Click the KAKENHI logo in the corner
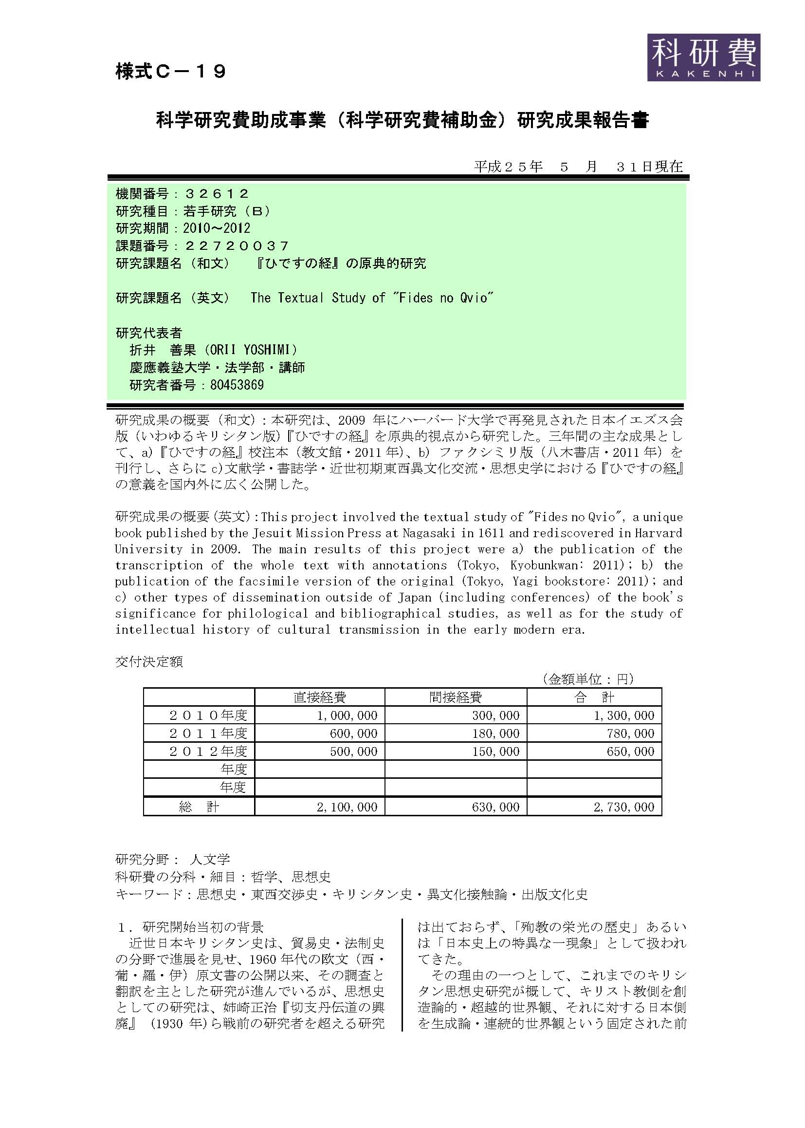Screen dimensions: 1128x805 tap(703, 57)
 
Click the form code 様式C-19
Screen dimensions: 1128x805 tap(171, 72)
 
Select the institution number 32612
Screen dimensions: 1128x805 tap(217, 193)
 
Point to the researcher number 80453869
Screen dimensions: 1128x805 tap(237, 385)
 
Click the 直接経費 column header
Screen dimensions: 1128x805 tap(320, 697)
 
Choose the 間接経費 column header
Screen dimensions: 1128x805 tap(456, 697)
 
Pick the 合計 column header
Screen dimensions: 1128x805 tap(594, 697)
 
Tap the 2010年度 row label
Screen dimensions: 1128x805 tap(208, 715)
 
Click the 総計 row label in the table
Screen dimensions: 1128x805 tap(199, 807)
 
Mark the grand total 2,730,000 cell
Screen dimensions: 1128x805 tap(624, 807)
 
